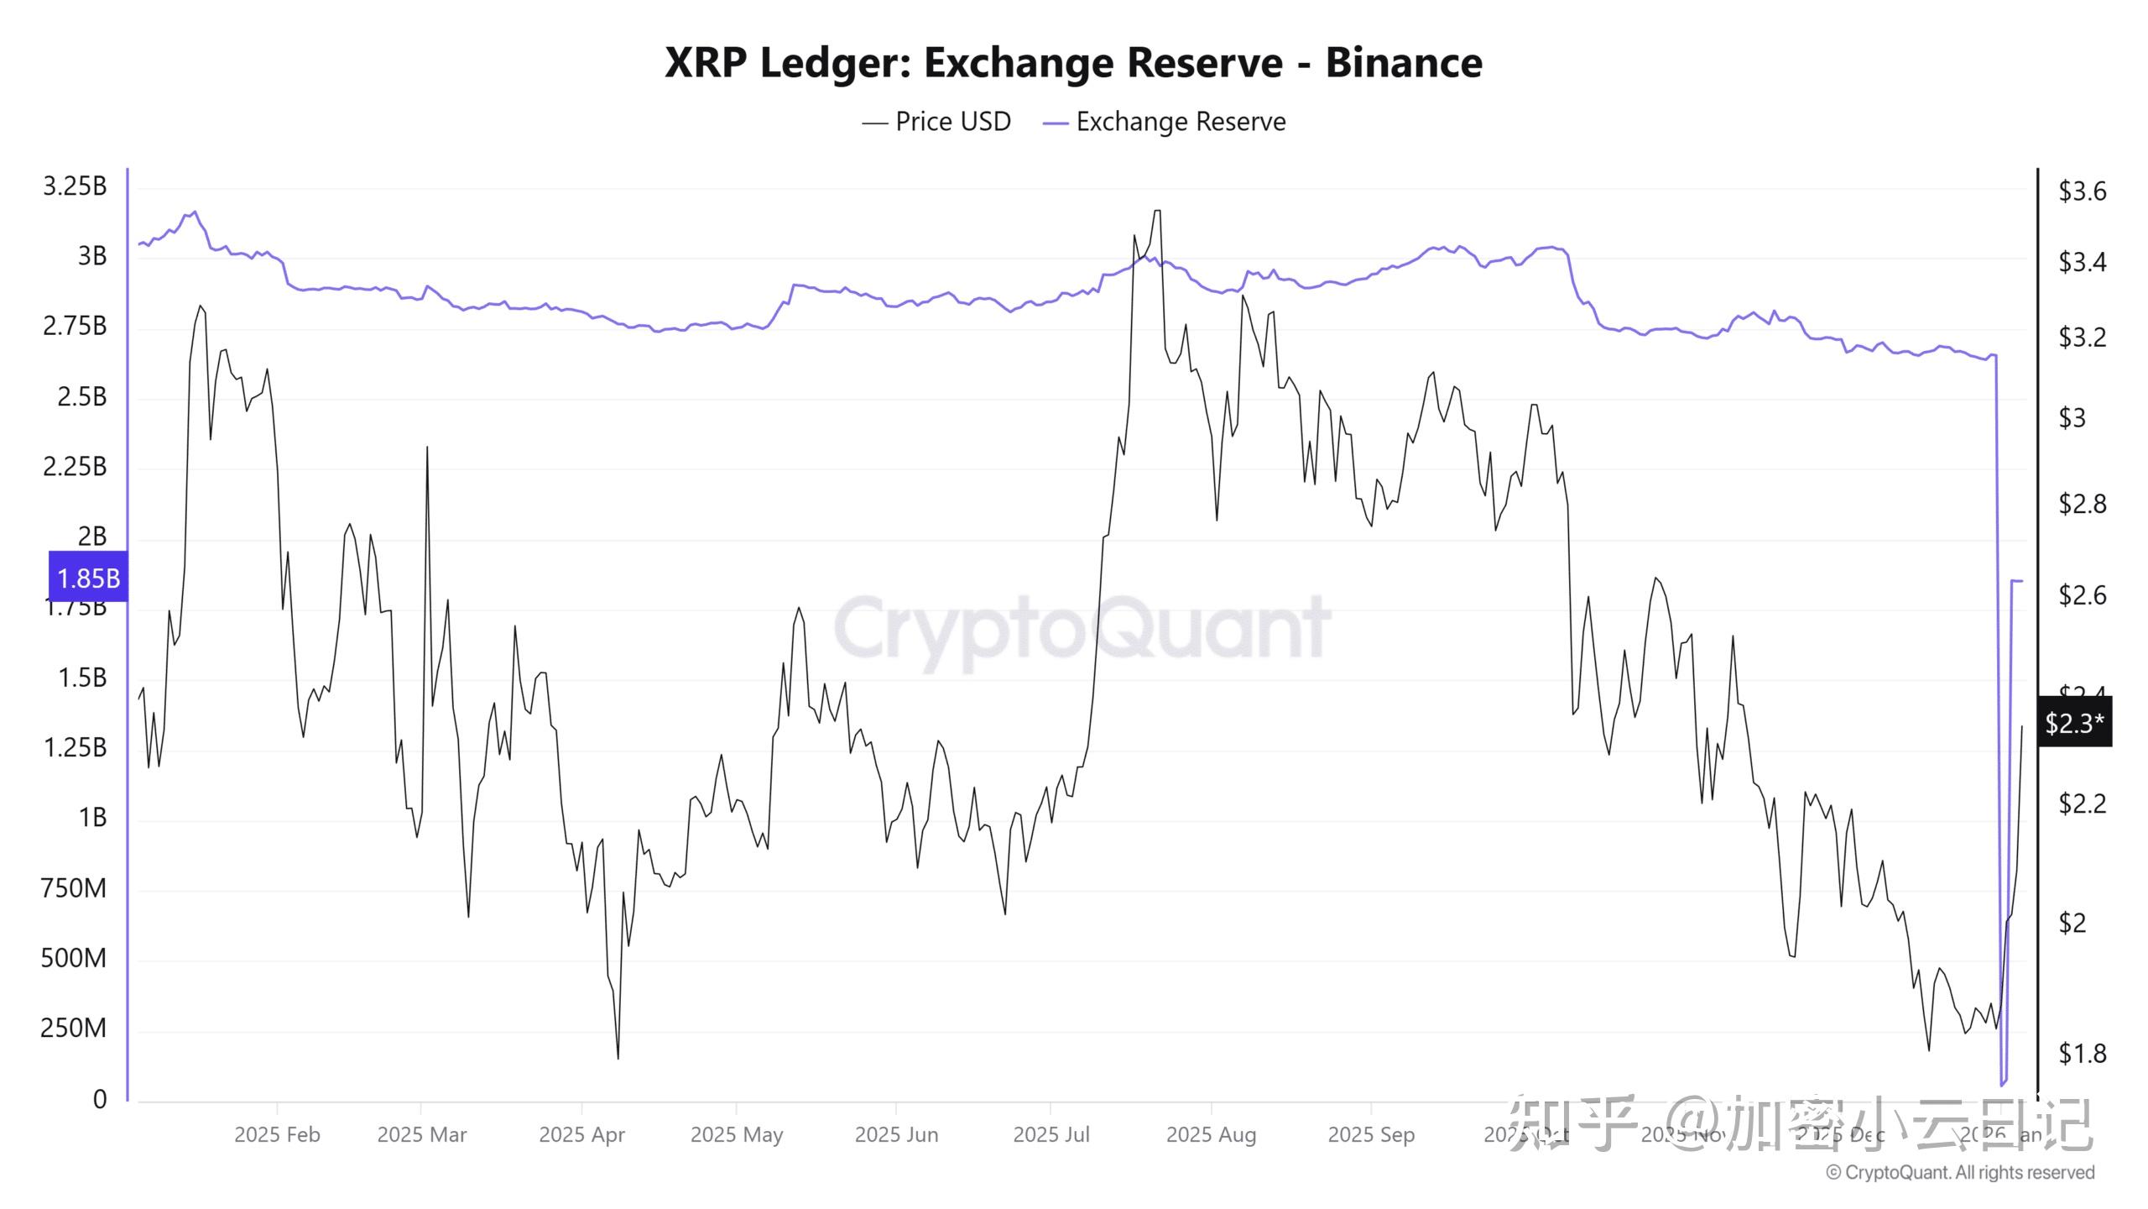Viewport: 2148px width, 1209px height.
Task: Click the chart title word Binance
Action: (1403, 63)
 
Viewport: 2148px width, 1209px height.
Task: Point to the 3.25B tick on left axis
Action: (75, 186)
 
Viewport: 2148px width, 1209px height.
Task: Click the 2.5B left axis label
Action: (81, 396)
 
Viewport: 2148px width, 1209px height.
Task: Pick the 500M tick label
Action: (74, 958)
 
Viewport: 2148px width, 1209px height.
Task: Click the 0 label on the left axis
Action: (100, 1099)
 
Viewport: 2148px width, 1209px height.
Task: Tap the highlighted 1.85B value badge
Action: (88, 578)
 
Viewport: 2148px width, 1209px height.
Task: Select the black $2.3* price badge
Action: (2074, 722)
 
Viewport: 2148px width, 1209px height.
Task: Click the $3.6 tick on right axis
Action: (2083, 191)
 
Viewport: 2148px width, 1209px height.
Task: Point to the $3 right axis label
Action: (2072, 417)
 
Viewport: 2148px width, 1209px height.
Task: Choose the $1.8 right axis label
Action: (2083, 1053)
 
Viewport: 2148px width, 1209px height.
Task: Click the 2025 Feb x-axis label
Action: (277, 1134)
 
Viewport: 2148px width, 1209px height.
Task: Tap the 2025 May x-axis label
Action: (736, 1134)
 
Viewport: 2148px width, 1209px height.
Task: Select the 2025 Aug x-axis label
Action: (1211, 1134)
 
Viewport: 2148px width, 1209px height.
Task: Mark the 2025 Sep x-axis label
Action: (1371, 1134)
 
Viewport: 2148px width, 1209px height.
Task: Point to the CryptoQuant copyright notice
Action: (1960, 1172)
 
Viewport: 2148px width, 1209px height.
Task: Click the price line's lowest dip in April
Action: (618, 1057)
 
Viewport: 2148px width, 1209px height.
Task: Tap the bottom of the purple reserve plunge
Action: (2001, 1084)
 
